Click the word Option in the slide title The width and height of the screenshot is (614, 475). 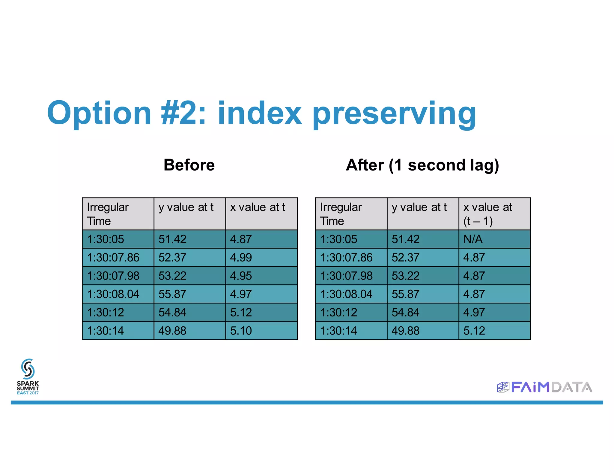99,113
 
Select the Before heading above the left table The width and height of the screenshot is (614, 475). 189,165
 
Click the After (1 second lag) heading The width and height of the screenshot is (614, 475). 422,165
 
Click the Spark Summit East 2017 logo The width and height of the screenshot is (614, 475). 28,377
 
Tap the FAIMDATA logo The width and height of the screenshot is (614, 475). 544,387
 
